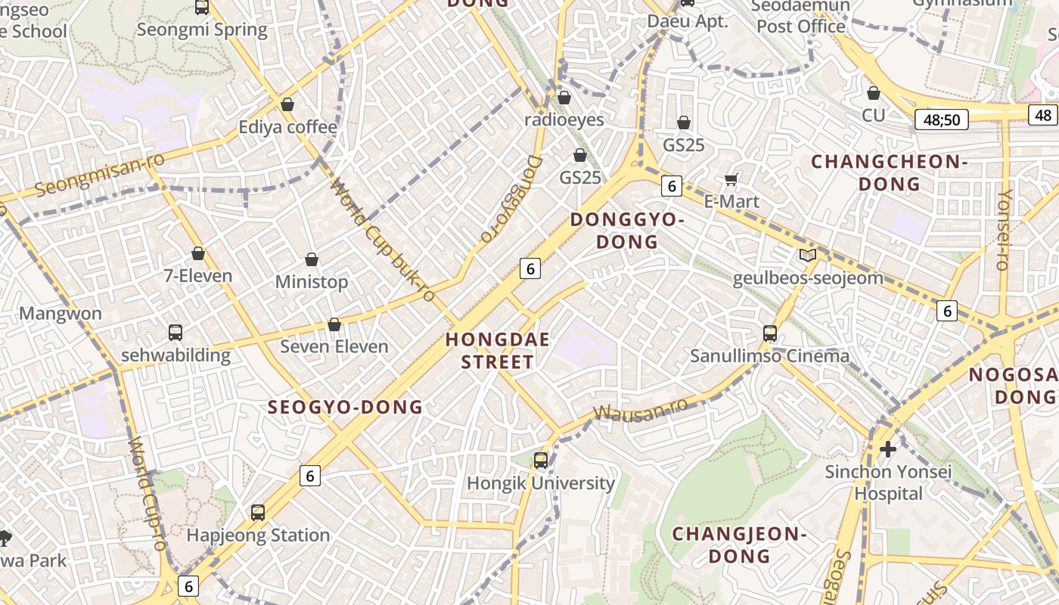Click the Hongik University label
[x=540, y=483]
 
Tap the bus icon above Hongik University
[x=540, y=460]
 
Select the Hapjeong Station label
[x=258, y=535]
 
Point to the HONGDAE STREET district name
[x=498, y=350]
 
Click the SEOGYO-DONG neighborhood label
[x=345, y=407]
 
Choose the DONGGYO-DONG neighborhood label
[x=627, y=231]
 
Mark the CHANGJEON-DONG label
[x=739, y=545]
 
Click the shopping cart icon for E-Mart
[x=731, y=179]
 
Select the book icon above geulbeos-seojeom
[x=808, y=256]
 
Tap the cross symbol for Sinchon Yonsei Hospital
[x=888, y=449]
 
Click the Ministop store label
[x=312, y=282]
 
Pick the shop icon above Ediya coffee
[x=287, y=104]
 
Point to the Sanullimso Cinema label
[x=769, y=355]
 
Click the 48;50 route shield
[x=941, y=119]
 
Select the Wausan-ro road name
[x=641, y=409]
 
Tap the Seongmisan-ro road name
[x=89, y=174]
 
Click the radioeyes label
[x=564, y=119]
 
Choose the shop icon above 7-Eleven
[x=198, y=253]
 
